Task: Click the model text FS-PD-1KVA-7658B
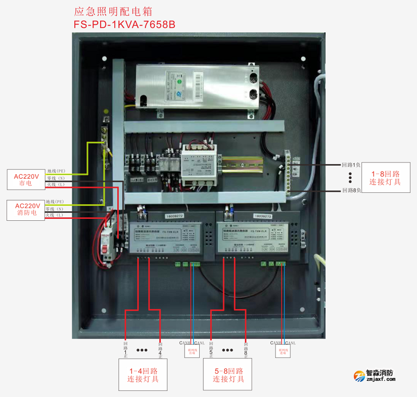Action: click(124, 24)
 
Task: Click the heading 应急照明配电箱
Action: click(113, 11)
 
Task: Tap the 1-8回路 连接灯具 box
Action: click(385, 178)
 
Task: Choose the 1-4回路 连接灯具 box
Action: click(143, 375)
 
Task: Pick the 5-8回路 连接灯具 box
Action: click(228, 375)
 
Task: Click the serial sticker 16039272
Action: click(174, 216)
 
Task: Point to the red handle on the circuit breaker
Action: click(107, 248)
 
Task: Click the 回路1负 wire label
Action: click(351, 165)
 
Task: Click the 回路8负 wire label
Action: click(351, 191)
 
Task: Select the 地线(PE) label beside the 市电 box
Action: click(56, 171)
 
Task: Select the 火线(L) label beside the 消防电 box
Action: click(55, 216)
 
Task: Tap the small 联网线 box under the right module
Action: click(283, 351)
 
